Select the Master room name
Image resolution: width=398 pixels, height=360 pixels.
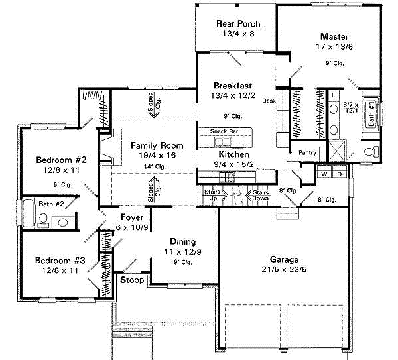(x=334, y=36)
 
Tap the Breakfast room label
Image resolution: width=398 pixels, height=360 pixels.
(x=232, y=86)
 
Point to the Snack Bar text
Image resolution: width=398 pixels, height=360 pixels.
(x=225, y=131)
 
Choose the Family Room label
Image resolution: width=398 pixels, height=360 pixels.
(x=157, y=145)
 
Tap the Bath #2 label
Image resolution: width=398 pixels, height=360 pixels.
(x=51, y=204)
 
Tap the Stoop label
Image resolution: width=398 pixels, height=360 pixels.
(x=132, y=280)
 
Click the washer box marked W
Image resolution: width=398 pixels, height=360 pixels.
(x=324, y=174)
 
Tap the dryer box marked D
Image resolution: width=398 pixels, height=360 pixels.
(x=338, y=174)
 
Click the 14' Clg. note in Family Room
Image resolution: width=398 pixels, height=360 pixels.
(x=157, y=166)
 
